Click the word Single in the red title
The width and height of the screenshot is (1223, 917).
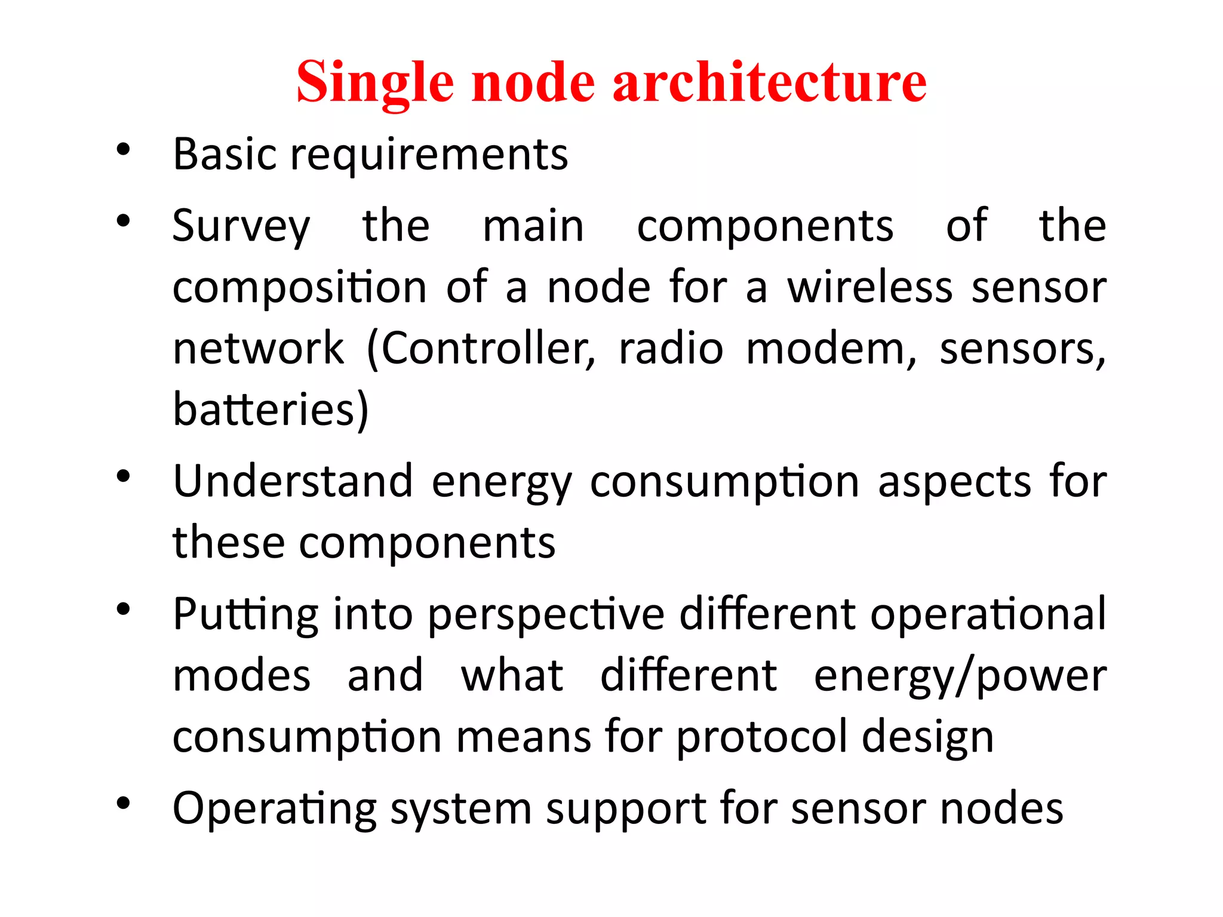pos(374,82)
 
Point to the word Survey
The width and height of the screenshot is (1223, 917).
pos(241,227)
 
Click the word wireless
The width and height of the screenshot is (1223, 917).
pos(869,287)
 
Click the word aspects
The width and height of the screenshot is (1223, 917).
pos(954,482)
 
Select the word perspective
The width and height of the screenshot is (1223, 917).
pos(546,615)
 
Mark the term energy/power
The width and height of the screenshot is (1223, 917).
pos(960,676)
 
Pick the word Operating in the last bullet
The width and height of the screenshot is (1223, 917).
pos(274,809)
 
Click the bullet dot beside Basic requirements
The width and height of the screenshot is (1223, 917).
pos(123,150)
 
